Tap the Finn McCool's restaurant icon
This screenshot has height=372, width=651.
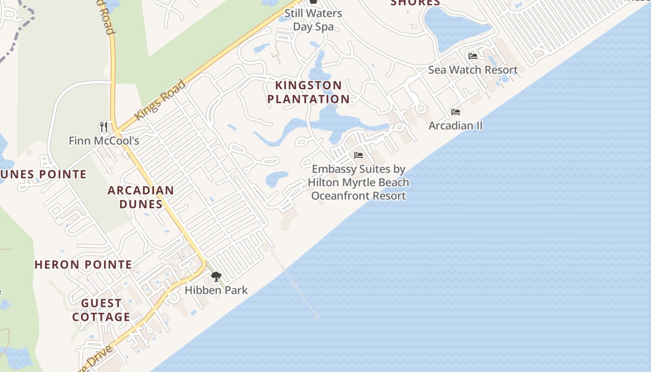coord(104,126)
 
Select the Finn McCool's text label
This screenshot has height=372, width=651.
coord(104,140)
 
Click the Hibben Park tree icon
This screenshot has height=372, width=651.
coord(216,277)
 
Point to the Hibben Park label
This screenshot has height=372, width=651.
coord(216,290)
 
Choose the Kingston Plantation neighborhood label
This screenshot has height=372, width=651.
coord(308,92)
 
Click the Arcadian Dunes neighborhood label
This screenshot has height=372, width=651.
coord(141,197)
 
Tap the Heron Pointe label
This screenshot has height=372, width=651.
coord(84,265)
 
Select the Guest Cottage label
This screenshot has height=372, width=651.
coord(101,310)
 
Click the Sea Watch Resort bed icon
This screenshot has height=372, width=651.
coord(473,56)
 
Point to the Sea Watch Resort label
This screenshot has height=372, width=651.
coord(473,70)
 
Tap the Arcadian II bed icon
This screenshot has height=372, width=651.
coord(456,112)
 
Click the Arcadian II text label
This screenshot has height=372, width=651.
coord(456,126)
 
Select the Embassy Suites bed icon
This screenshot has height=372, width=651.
coord(359,155)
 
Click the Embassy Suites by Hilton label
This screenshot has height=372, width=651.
coord(359,182)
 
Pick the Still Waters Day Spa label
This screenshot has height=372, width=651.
coord(313,20)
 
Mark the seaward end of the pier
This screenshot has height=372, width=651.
coord(317,317)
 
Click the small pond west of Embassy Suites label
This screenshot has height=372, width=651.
coord(277,179)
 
